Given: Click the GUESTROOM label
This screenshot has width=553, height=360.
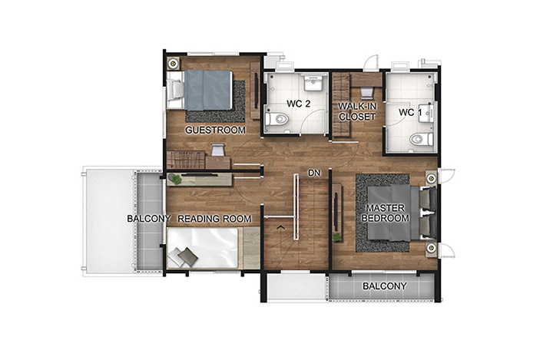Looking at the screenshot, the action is (215, 130).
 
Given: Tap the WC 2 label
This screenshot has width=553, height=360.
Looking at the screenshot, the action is (298, 104).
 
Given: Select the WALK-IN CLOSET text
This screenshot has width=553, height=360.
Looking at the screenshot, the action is (357, 111).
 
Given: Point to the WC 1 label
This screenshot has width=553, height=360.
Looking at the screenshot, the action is (410, 113).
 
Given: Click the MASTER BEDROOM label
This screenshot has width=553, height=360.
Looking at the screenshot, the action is (385, 213).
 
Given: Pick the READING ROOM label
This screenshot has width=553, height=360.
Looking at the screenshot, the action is (214, 219).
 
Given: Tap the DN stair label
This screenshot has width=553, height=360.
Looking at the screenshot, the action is (314, 173).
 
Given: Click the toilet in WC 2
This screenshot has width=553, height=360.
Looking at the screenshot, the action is (276, 119).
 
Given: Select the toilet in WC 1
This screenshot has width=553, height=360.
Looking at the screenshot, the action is (421, 139).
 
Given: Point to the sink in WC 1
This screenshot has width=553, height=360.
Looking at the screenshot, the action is (426, 113).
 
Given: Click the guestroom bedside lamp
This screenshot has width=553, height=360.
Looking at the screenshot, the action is (173, 64).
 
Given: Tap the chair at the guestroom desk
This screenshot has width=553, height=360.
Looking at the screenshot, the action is (217, 150).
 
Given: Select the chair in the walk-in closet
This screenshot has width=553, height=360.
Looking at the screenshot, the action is (366, 92).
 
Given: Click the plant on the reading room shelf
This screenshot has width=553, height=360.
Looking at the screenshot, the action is (176, 179).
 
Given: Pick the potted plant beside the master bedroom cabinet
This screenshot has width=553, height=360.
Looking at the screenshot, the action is (336, 237).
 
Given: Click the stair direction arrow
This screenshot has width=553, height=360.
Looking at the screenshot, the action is (281, 227).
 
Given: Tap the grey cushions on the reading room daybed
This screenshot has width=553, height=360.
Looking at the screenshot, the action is (183, 256).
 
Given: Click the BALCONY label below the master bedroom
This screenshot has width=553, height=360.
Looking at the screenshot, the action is (385, 286).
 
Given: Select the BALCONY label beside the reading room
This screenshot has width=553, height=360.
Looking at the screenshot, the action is (149, 219).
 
